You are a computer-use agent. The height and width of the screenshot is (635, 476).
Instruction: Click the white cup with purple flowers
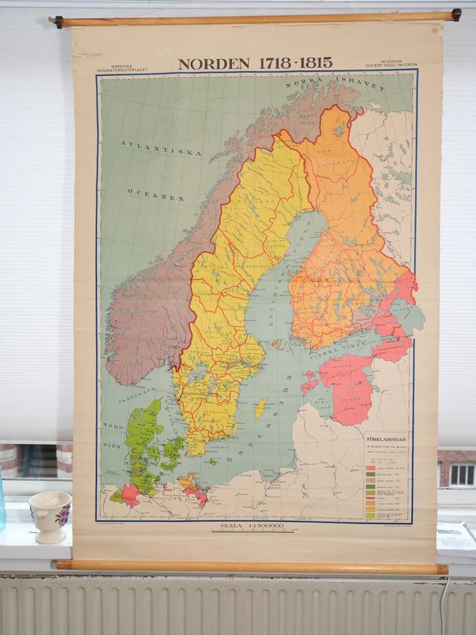[50, 515]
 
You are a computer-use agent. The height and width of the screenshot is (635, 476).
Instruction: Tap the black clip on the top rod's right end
[456, 14]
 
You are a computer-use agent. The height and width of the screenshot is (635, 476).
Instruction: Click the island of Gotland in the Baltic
[261, 408]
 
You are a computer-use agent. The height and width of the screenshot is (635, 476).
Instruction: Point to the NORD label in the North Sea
[113, 426]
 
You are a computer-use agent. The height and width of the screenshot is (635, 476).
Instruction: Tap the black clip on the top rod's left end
[58, 22]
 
